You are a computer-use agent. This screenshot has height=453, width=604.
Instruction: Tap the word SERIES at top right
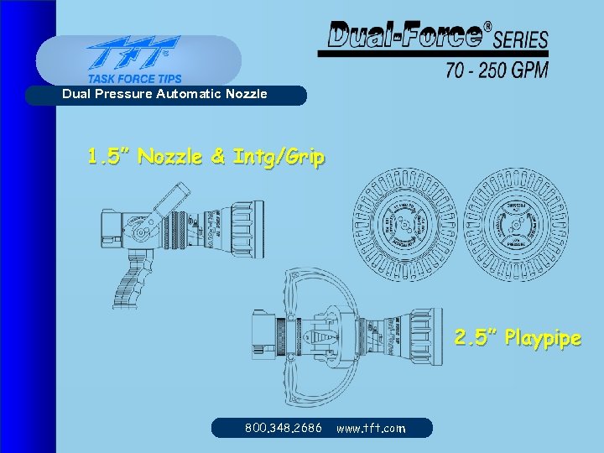coord(521,39)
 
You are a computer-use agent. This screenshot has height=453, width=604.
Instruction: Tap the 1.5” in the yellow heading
coord(110,156)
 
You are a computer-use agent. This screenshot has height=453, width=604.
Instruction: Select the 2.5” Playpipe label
coord(517,338)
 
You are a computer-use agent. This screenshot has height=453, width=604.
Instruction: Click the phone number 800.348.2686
coord(283,428)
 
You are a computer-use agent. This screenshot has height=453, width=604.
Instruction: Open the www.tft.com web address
coord(370,428)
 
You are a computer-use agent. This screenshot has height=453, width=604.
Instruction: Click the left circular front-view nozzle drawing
coord(404,221)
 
